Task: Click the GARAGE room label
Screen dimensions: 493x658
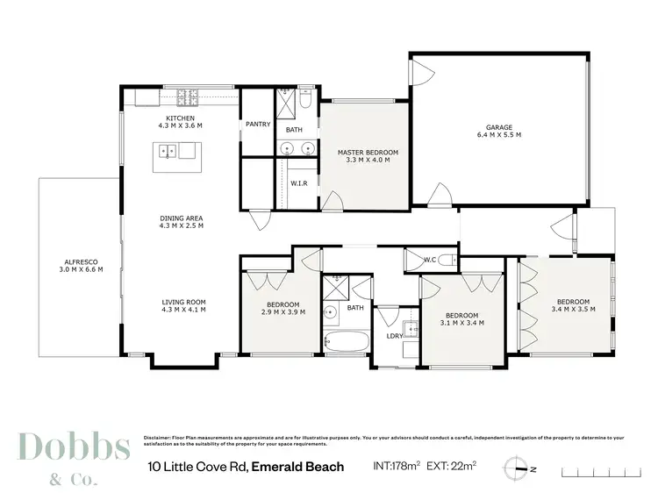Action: coord(499,127)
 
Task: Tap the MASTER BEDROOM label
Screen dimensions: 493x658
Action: coord(368,153)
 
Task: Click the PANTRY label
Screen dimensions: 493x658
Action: coord(257,125)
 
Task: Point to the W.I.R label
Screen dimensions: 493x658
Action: coord(298,184)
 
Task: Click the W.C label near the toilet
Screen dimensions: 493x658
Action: coord(430,259)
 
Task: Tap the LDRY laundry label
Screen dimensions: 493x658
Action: coord(395,335)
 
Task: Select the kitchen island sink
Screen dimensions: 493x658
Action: coord(168,153)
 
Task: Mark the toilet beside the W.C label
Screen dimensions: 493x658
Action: coord(446,260)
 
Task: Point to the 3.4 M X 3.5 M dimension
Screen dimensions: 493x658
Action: coord(573,309)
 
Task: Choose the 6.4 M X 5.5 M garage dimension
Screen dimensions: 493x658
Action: coord(499,135)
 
